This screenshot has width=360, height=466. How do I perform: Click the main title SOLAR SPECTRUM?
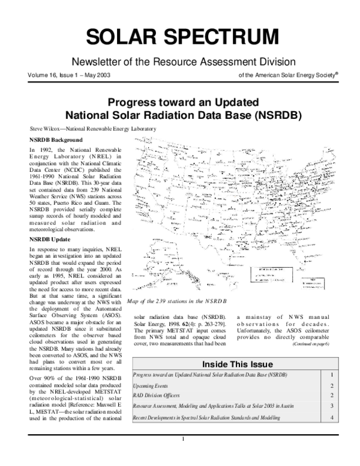[182, 38]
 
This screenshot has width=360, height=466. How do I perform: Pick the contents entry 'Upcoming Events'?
[151, 386]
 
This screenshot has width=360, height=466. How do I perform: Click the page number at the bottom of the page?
[182, 455]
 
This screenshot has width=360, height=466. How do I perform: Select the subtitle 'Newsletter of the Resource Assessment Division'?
[183, 62]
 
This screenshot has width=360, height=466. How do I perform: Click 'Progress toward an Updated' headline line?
[182, 101]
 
